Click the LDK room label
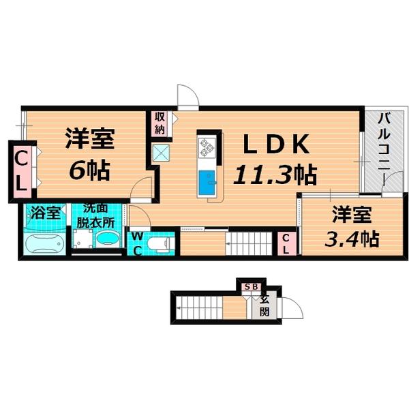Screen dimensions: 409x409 [277, 145]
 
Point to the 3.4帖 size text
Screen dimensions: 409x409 [352, 239]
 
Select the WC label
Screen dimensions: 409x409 [136, 242]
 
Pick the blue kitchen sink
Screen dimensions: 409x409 [207, 183]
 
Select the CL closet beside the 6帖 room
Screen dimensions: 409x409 [21, 170]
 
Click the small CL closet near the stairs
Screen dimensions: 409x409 [286, 243]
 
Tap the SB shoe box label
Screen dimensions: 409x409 [250, 287]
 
